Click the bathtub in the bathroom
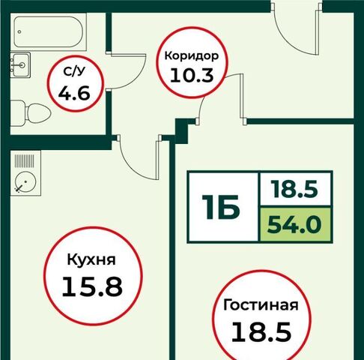(x=49, y=32)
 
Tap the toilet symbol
(x=31, y=113)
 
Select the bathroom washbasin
(x=20, y=64)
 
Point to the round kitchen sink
(x=25, y=182)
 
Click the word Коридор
(x=192, y=55)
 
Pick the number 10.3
(x=192, y=75)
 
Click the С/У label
(x=74, y=72)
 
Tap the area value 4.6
(x=74, y=93)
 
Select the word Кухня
(x=91, y=260)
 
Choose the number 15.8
(x=92, y=286)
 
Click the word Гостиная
(x=261, y=305)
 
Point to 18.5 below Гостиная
(x=261, y=331)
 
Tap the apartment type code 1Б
(x=221, y=207)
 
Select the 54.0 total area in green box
(x=294, y=224)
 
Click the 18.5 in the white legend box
(x=295, y=189)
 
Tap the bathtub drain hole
(x=19, y=32)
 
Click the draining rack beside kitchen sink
(x=25, y=160)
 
